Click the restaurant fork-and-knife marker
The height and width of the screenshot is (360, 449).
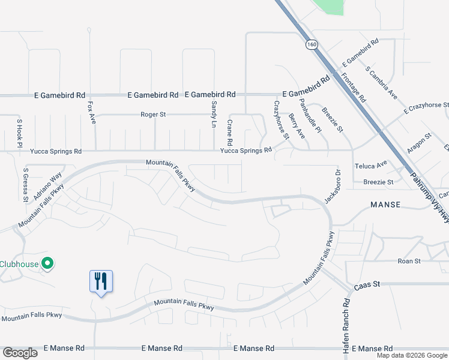(x=101, y=281)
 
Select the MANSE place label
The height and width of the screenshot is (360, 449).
(x=385, y=205)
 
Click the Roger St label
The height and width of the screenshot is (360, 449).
(x=152, y=114)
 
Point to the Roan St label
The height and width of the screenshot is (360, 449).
(x=409, y=261)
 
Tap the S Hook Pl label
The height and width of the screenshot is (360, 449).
(x=19, y=133)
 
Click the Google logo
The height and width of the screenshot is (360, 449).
(x=20, y=353)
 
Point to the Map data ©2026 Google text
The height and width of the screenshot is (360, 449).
(x=411, y=355)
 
